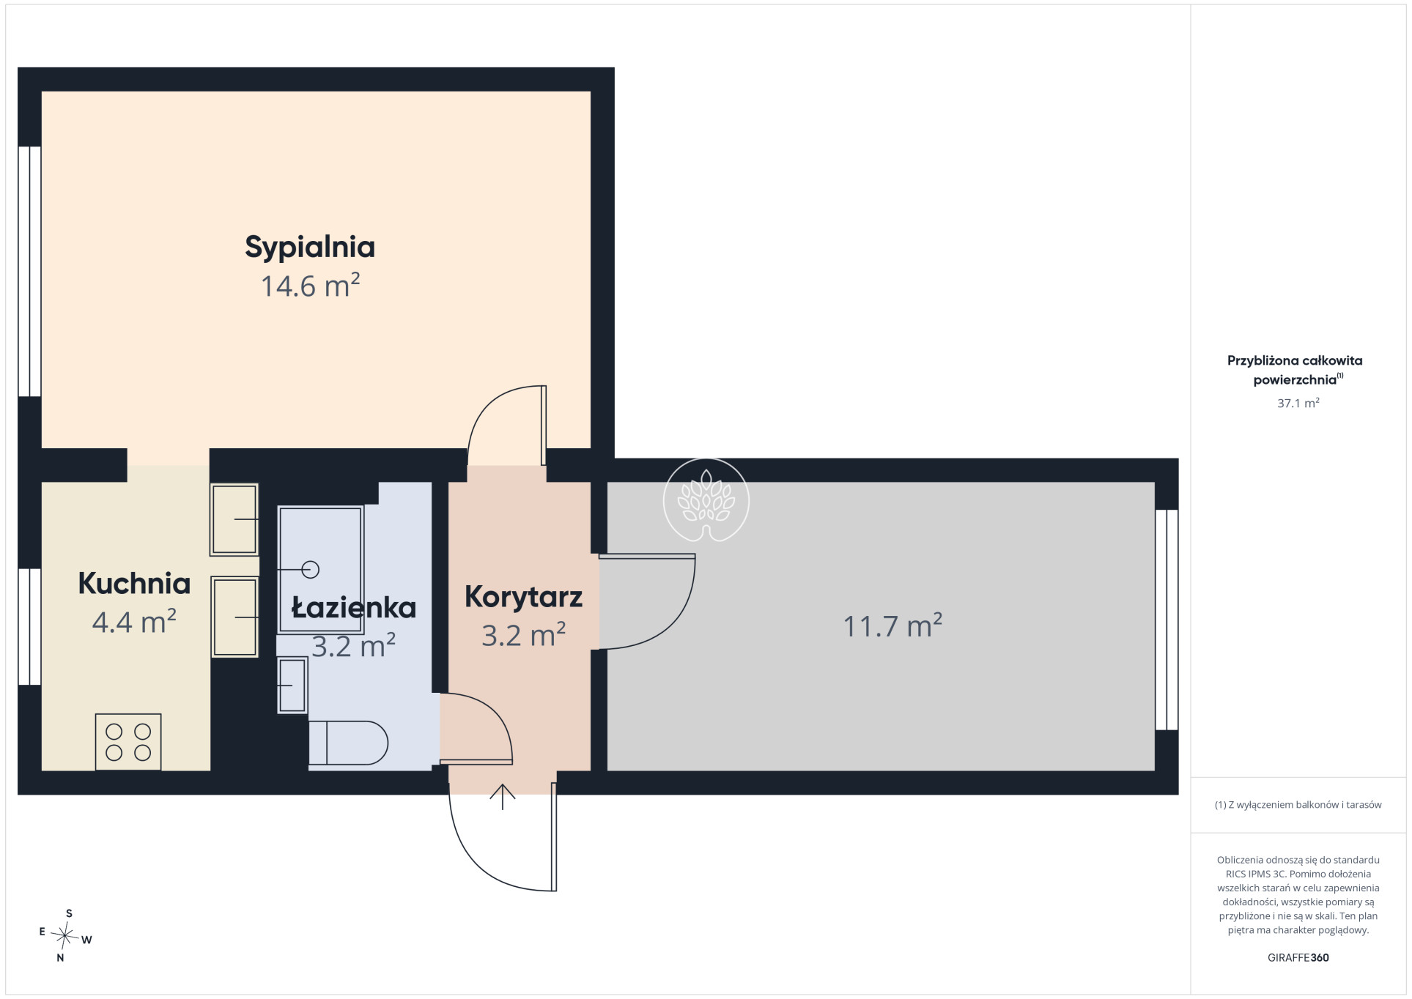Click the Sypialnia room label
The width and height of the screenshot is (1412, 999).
(x=310, y=248)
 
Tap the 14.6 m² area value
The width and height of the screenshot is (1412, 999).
(x=310, y=286)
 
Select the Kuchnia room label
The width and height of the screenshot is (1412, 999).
(x=134, y=584)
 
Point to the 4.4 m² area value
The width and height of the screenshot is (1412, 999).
(x=134, y=622)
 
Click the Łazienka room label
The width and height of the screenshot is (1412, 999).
(x=354, y=608)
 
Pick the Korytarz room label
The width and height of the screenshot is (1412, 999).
(x=523, y=598)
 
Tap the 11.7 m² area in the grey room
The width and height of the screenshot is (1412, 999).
(x=892, y=626)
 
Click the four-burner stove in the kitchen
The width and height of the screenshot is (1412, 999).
(x=128, y=742)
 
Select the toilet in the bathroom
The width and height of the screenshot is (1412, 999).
(x=348, y=743)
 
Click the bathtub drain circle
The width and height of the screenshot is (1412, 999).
(x=311, y=569)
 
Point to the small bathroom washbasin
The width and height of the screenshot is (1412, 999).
(x=292, y=686)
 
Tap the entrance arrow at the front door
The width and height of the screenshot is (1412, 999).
(x=503, y=797)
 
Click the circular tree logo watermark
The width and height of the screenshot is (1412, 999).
(x=706, y=501)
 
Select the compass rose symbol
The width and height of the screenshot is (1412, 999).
(x=65, y=936)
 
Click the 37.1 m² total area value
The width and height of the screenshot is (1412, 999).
(x=1298, y=403)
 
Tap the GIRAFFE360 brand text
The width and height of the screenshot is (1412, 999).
(x=1298, y=957)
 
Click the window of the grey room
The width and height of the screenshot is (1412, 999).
(x=1167, y=620)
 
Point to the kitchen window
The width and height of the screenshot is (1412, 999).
(x=29, y=627)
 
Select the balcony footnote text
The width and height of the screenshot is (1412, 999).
(x=1298, y=805)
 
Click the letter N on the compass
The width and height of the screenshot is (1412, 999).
(x=60, y=957)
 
